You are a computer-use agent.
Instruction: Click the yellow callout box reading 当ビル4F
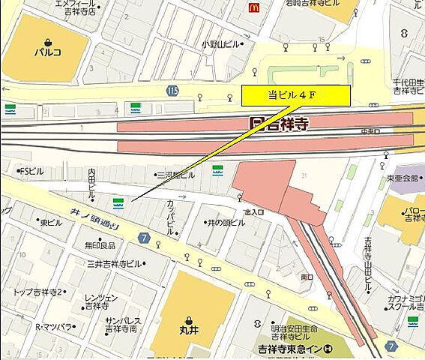(295, 95)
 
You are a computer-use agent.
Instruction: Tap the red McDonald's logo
(255, 7)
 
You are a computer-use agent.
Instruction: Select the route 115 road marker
(173, 91)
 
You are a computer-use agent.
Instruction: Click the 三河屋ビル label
(175, 175)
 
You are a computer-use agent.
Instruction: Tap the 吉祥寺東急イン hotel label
(295, 349)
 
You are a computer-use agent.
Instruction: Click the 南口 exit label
(307, 277)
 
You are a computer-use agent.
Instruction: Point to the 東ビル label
(52, 223)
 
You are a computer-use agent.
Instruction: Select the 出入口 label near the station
(255, 212)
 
